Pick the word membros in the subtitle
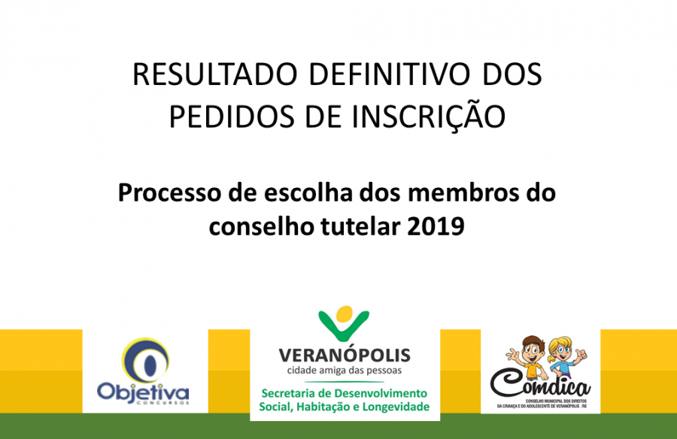point(460,192)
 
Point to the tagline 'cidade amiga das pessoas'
point(345,370)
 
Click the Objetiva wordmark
point(143,392)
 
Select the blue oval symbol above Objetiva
point(145,362)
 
